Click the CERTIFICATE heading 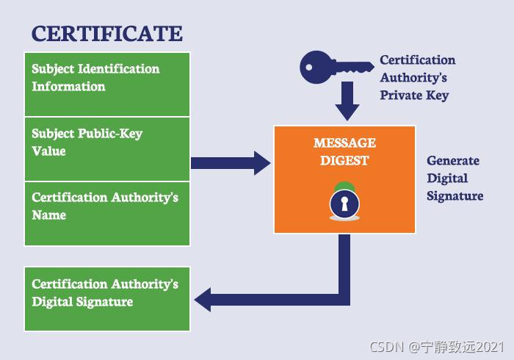click(x=106, y=33)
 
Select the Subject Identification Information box click(x=107, y=84)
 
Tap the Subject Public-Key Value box click(x=107, y=148)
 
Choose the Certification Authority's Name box click(x=107, y=213)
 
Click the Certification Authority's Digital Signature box click(x=107, y=298)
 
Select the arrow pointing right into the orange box click(x=231, y=162)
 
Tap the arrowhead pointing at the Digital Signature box click(x=203, y=299)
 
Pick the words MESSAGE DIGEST click(x=344, y=151)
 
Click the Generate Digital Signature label click(x=455, y=178)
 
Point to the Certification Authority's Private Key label click(x=417, y=77)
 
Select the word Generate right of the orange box click(x=453, y=161)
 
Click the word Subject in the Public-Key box click(x=53, y=134)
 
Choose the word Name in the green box click(x=49, y=215)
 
